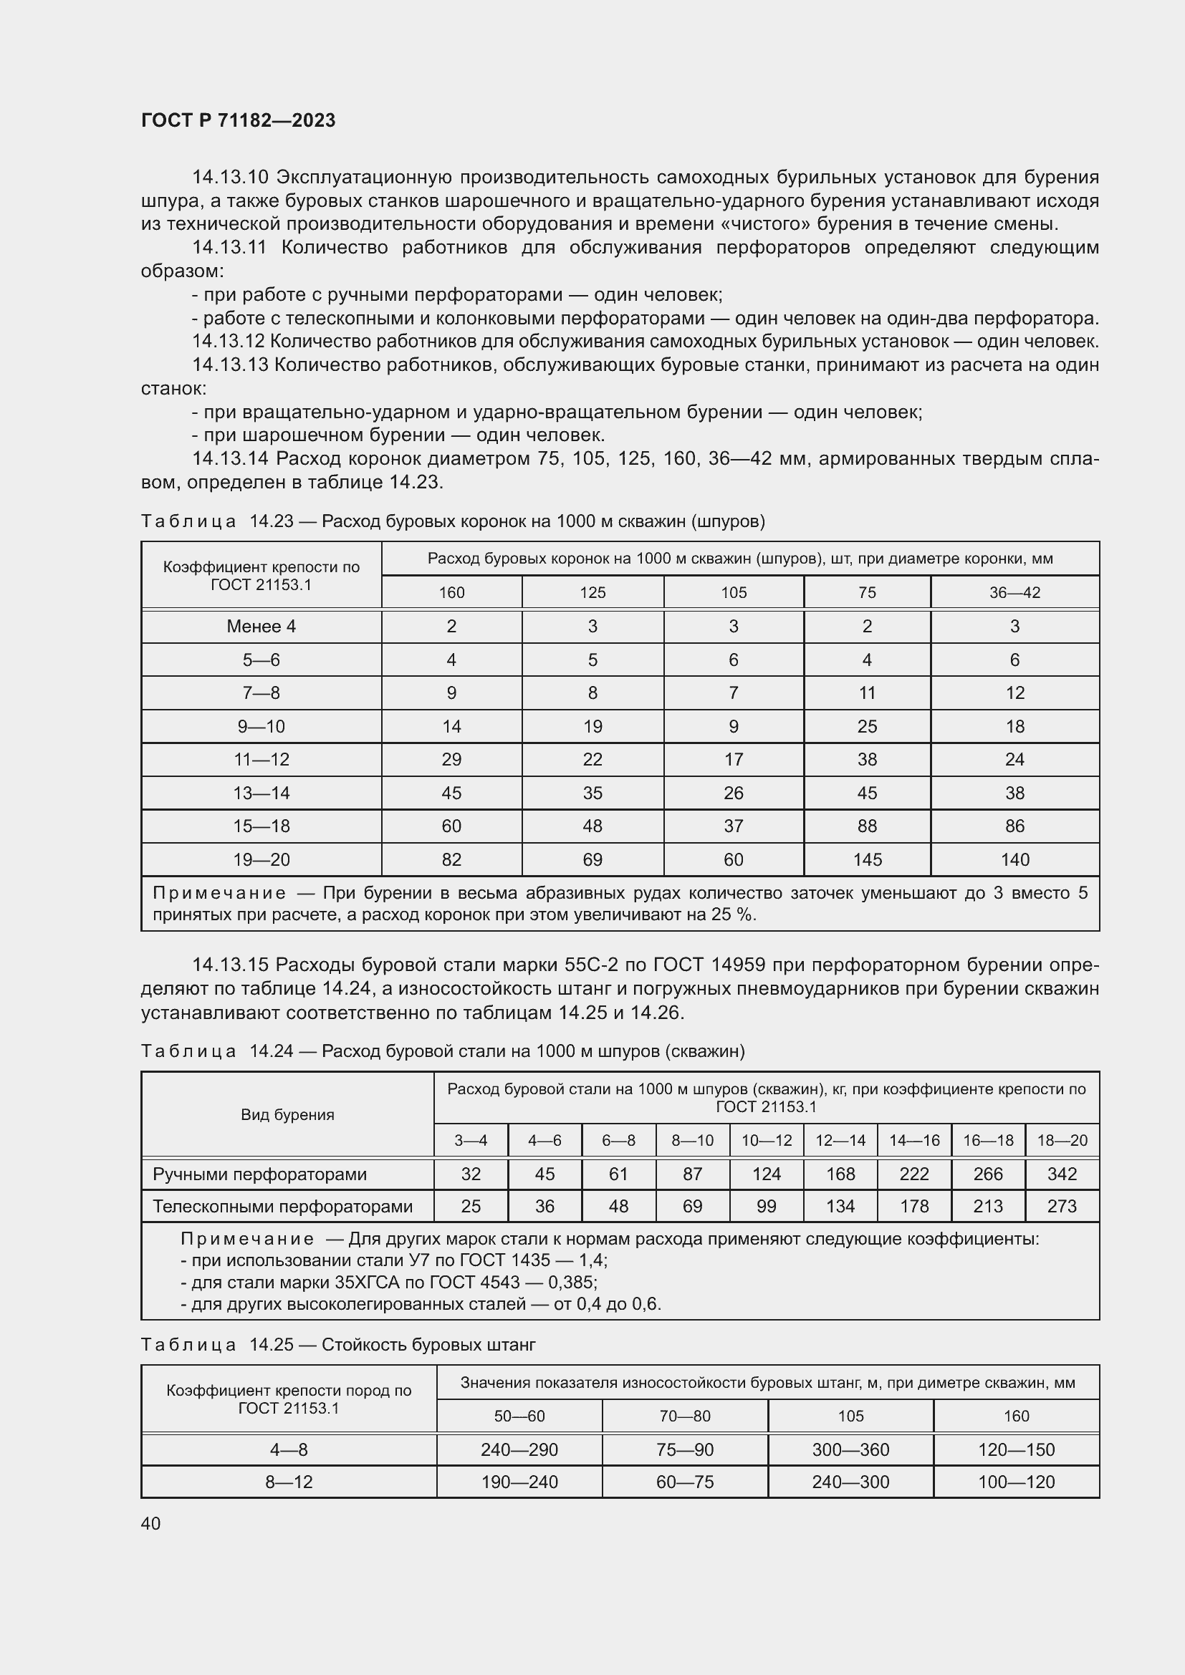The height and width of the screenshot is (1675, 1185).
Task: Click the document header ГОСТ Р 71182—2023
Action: click(238, 120)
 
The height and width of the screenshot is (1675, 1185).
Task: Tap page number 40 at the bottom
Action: click(150, 1523)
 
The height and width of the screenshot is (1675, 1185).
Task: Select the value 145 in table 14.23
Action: click(867, 859)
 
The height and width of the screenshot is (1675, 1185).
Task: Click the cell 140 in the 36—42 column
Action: click(1014, 859)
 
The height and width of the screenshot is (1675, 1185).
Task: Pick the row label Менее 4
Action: click(261, 626)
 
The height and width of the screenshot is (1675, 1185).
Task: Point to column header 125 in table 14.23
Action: click(592, 592)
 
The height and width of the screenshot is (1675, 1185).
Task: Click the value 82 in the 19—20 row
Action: click(451, 859)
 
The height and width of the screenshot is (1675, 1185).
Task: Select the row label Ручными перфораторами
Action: click(259, 1174)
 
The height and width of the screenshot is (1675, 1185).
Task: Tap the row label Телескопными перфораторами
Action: click(282, 1206)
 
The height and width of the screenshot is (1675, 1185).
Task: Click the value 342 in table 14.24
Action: click(1062, 1174)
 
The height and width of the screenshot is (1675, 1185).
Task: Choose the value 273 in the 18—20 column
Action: click(1062, 1206)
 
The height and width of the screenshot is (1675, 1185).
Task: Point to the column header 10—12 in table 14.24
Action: click(766, 1140)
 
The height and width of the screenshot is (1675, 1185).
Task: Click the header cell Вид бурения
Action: click(287, 1114)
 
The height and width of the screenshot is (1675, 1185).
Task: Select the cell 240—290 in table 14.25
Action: click(519, 1449)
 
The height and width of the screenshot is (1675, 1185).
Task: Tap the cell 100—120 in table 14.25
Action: click(1016, 1482)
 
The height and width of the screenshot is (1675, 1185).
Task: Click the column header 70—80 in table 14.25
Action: click(684, 1416)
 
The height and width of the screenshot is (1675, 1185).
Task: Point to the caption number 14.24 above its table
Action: click(271, 1051)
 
